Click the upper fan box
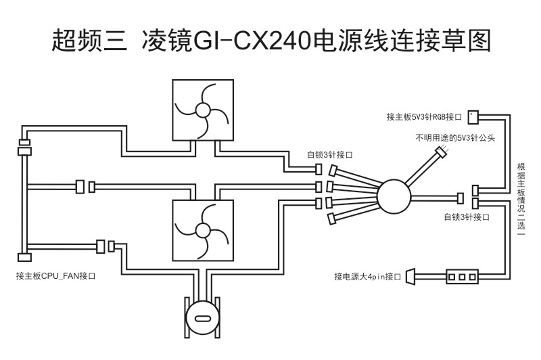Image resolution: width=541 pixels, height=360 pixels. coord(202,110)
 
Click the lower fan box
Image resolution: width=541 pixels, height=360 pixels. coord(202,230)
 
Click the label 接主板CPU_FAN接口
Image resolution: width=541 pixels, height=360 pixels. coord(56,276)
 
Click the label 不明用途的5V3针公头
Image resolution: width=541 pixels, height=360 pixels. coord(456,137)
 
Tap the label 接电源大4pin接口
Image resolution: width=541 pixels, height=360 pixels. coord(368,277)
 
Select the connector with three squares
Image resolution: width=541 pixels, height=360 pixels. coord(463,276)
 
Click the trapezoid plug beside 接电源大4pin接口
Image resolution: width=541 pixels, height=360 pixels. coord(410,276)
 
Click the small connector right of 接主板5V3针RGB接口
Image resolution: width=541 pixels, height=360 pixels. coord(473,116)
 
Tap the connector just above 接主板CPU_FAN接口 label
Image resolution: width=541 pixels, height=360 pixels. coord(24,257)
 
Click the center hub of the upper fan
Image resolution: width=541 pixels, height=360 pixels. coord(202,110)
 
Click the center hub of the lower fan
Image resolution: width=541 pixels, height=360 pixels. coord(202,230)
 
